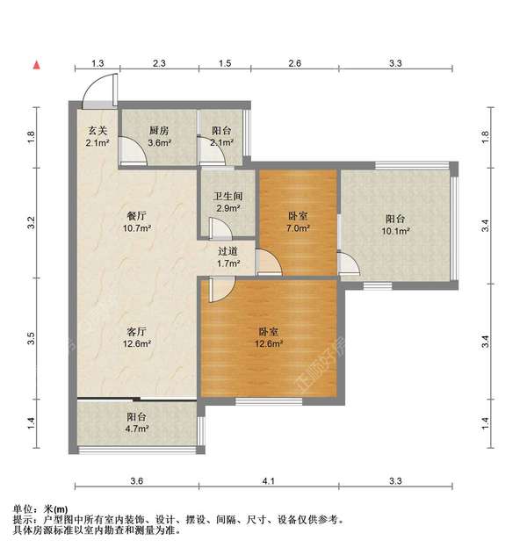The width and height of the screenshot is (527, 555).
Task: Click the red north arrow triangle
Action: point(37,64)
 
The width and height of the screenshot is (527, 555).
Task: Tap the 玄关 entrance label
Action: point(97,132)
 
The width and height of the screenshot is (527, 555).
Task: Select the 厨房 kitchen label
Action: point(158,132)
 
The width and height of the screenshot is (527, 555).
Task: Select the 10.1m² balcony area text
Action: point(398,232)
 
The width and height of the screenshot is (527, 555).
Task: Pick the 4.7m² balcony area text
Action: point(136,429)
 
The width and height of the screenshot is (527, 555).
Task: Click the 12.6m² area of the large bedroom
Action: point(269,343)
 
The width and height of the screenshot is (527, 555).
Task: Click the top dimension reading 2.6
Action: point(294,64)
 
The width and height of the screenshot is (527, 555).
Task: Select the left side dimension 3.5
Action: point(32,336)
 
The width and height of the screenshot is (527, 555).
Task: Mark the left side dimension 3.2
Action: point(32,223)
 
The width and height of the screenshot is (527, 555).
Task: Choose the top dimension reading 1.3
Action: point(97,64)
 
